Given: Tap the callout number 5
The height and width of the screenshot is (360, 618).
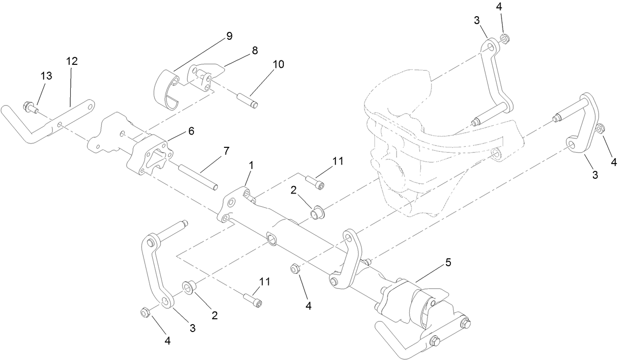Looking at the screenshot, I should coord(448,263).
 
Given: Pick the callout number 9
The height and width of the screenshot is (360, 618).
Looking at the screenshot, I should coord(229,36).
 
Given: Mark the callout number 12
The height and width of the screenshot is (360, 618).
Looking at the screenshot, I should coord(72,61).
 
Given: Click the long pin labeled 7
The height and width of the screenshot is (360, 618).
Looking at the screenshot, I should coord(198,175).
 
